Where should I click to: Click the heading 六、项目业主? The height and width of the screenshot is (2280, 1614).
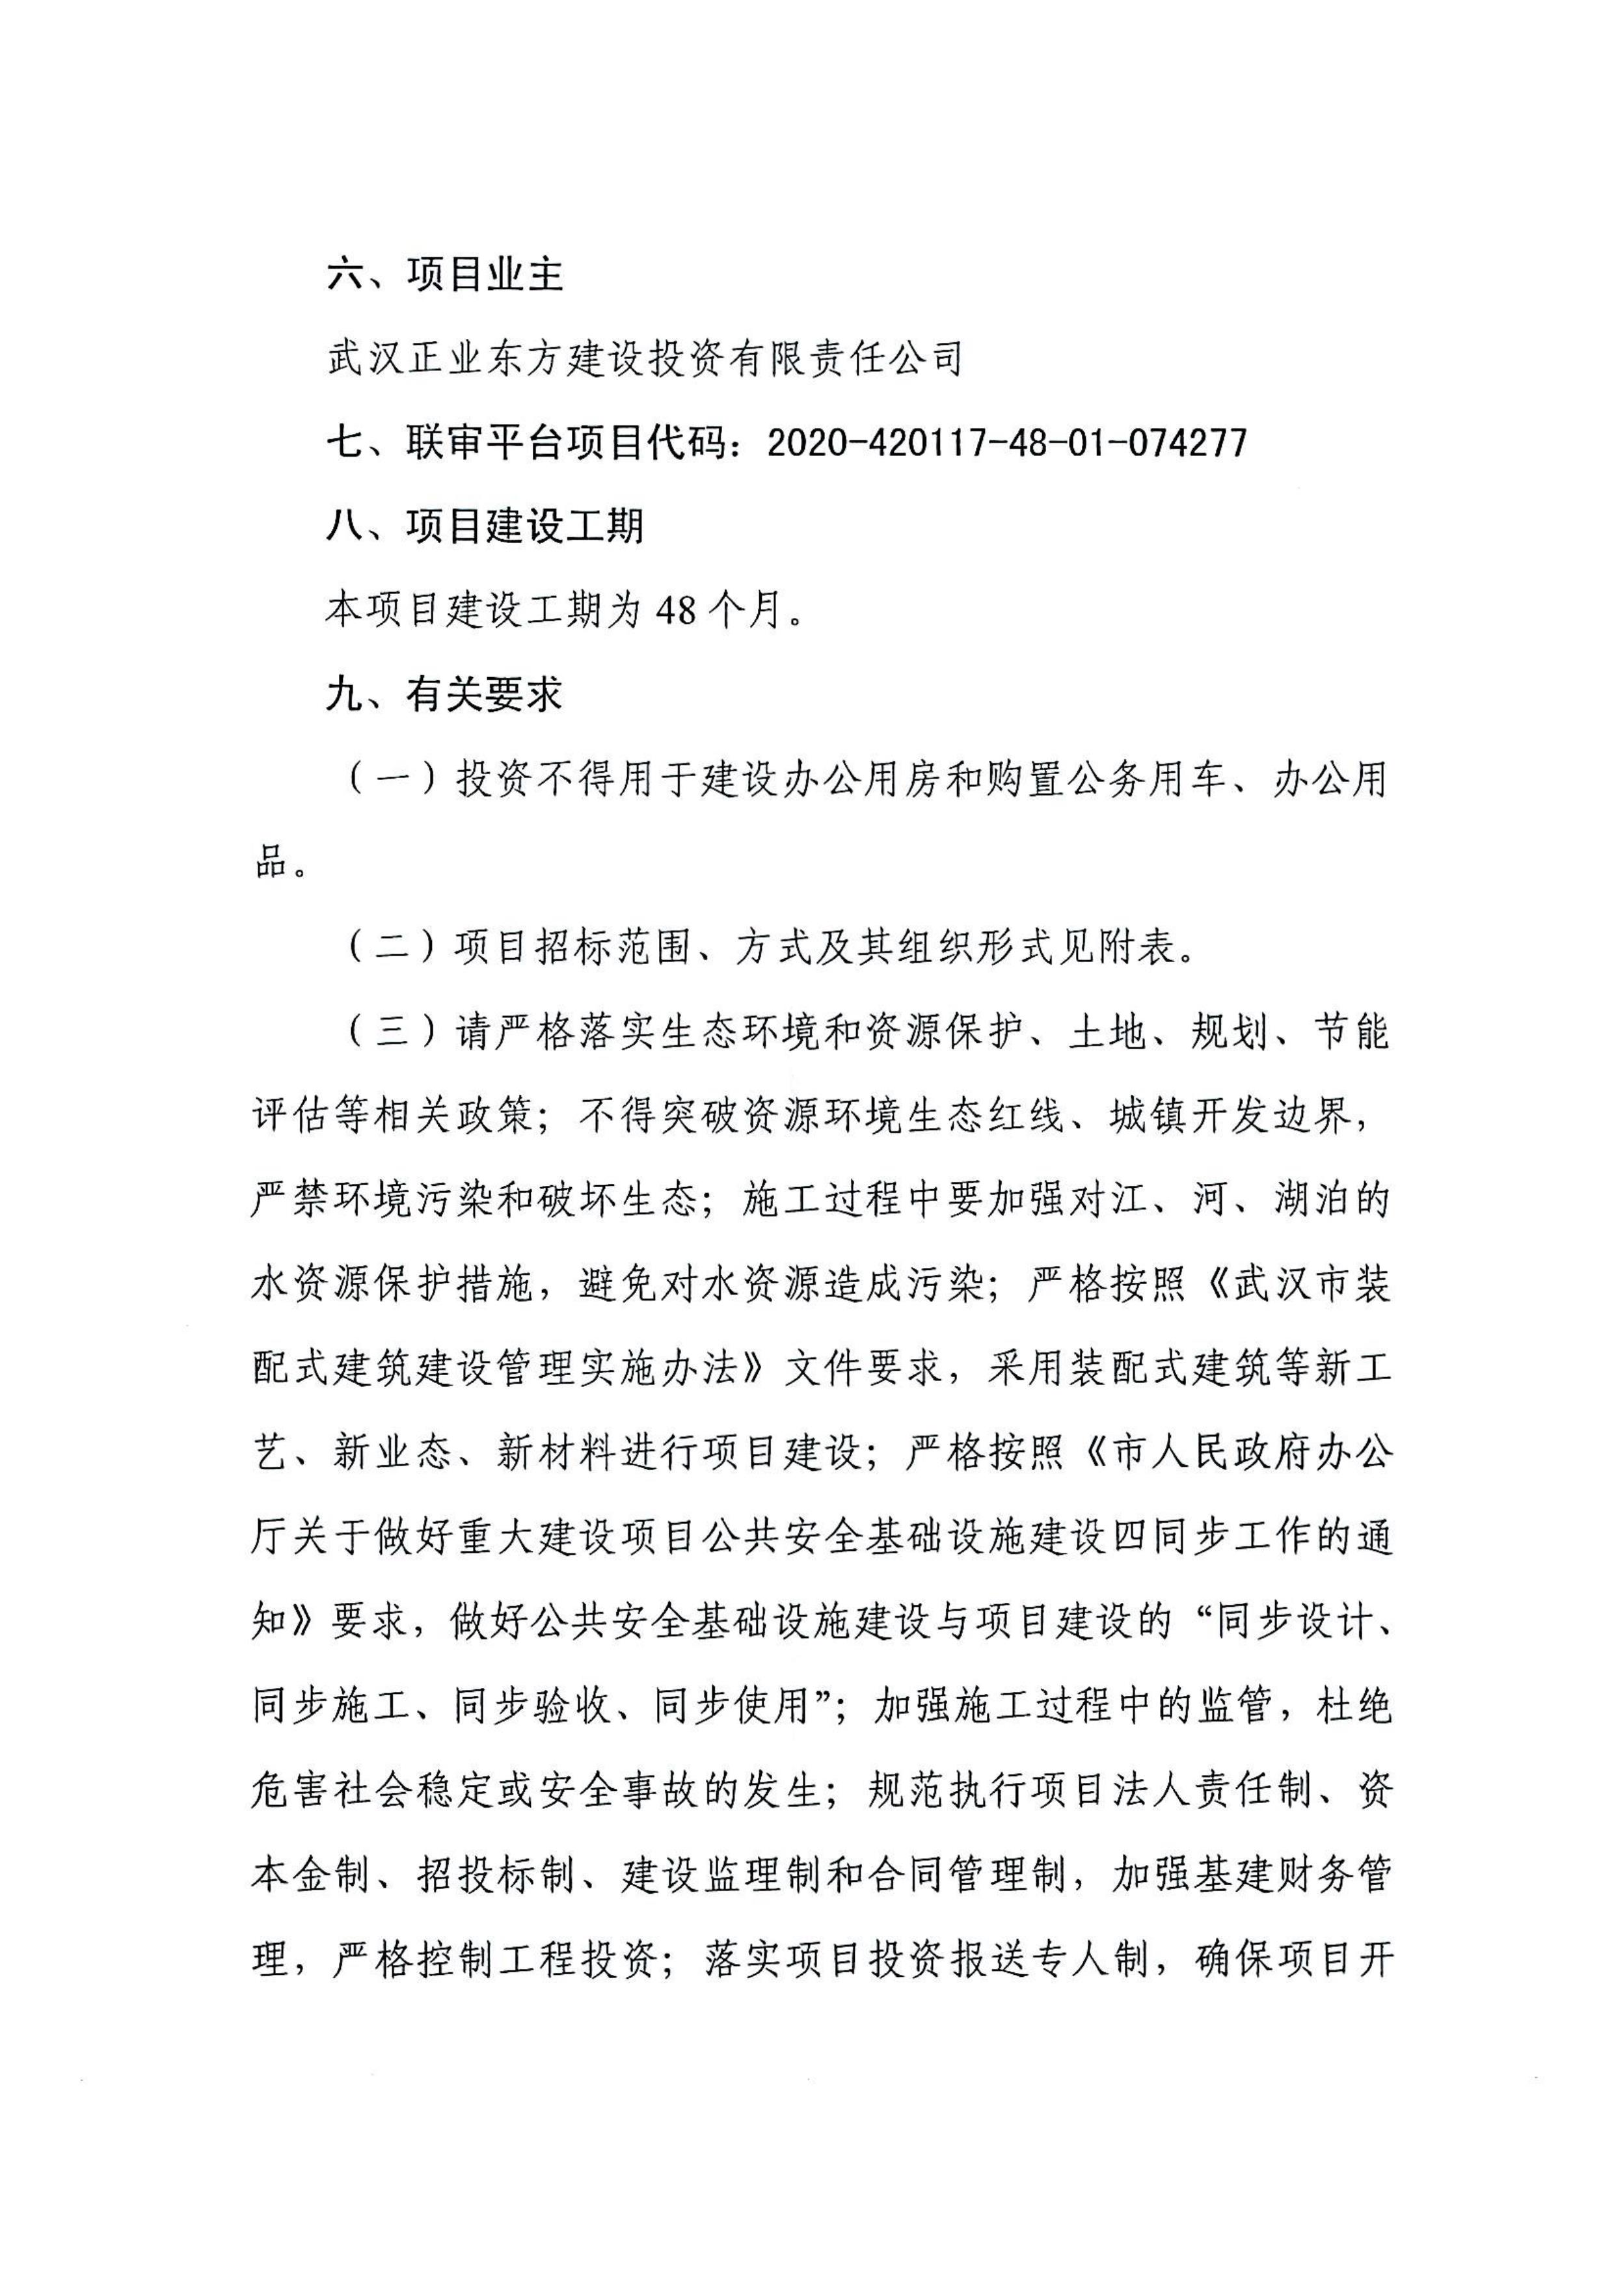click(444, 275)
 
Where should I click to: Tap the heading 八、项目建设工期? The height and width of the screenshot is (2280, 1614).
click(484, 526)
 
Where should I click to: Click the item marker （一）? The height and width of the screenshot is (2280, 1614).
click(392, 780)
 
